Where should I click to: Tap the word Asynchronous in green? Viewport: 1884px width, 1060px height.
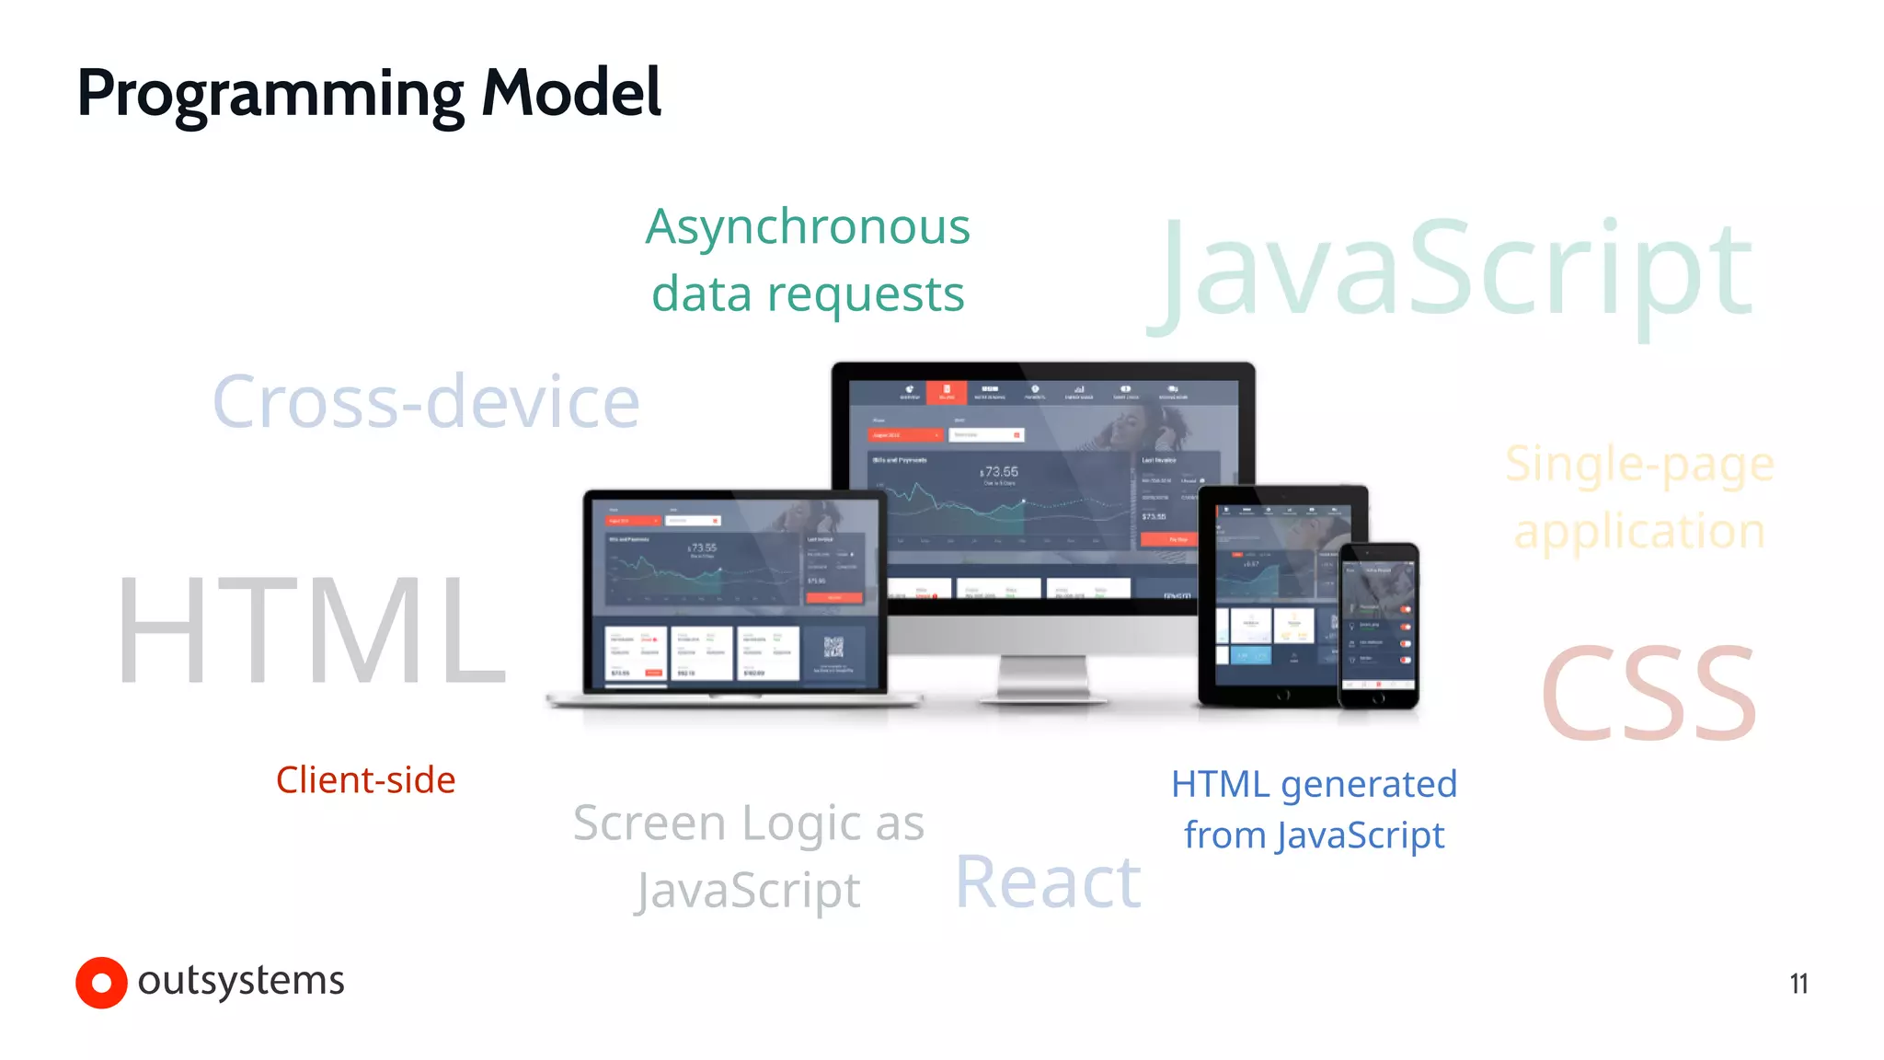(807, 226)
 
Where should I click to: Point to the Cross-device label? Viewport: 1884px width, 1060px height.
(426, 401)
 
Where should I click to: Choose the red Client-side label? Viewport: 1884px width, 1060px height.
(365, 780)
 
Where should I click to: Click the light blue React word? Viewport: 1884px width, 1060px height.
(1048, 881)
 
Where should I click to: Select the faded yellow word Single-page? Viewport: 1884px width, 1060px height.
(1639, 464)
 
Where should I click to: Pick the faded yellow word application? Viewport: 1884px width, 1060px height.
(1639, 532)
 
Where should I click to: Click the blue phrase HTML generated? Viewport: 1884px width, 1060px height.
(1314, 784)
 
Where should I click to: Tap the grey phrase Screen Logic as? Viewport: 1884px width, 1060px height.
(748, 822)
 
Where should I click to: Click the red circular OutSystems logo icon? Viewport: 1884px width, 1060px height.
(101, 983)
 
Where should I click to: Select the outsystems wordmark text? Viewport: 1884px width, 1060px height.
(241, 981)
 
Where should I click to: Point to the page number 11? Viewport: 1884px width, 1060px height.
(1798, 984)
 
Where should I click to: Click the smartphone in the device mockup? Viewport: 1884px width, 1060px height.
(1378, 626)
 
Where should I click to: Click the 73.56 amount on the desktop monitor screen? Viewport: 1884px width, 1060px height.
(1001, 472)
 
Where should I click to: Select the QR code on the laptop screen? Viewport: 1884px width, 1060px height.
(833, 647)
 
